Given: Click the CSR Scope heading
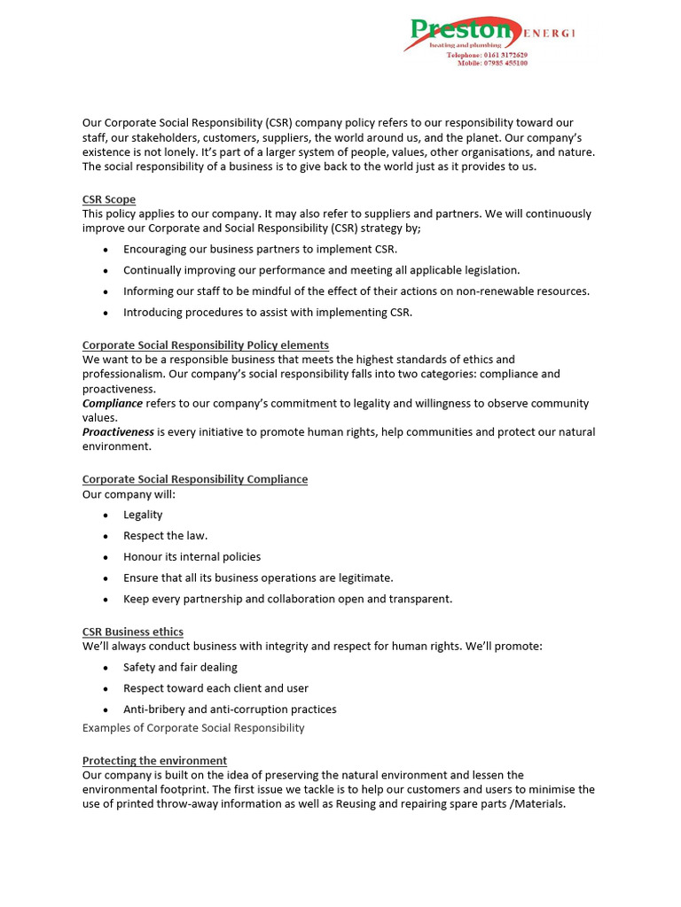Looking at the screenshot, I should coord(109,199).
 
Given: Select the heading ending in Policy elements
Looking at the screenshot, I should coord(205,345).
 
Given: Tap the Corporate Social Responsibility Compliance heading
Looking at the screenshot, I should coord(195,479).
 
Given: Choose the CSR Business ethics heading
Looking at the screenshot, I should coord(133,632).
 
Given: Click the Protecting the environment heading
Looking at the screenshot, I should coord(154,761).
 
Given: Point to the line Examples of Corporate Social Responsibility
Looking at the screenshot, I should coord(193,727).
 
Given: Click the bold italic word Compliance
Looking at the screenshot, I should coord(113,403).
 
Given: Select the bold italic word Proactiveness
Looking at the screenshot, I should coord(118,432).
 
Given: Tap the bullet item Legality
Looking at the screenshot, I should coord(143,515).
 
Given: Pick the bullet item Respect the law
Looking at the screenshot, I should coord(165,536).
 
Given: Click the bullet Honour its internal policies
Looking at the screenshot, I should coord(192,557).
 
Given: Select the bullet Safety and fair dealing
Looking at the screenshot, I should coord(180,667).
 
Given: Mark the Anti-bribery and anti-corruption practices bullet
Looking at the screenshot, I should coord(230,709).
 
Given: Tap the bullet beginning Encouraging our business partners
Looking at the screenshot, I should coord(260,249).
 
